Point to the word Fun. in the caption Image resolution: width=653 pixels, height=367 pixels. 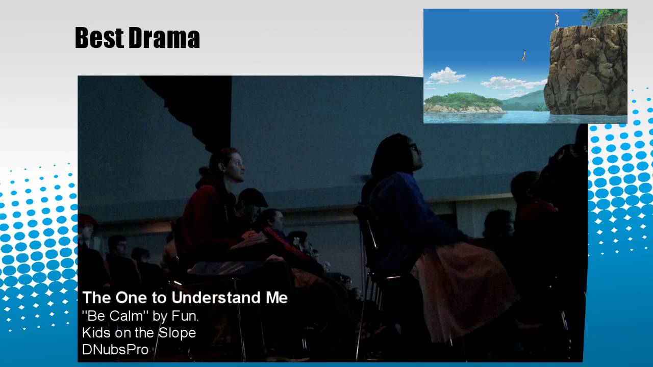click(x=185, y=316)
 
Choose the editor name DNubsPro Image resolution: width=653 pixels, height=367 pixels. click(x=115, y=350)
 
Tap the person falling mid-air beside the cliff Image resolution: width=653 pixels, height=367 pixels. click(x=523, y=55)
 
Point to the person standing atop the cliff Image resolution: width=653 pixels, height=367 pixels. click(x=557, y=20)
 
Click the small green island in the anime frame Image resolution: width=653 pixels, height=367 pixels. click(x=463, y=102)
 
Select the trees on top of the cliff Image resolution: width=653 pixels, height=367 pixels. click(x=605, y=16)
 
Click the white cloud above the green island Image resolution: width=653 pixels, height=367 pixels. click(x=446, y=75)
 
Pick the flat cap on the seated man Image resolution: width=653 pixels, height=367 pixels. click(x=252, y=197)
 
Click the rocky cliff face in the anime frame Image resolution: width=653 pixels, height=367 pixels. click(x=587, y=71)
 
